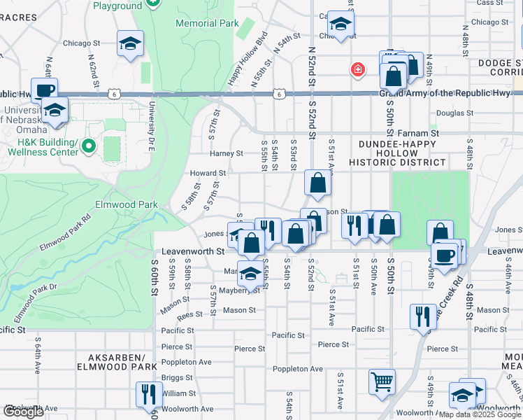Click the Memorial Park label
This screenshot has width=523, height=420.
pos(207,23)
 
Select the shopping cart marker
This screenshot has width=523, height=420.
pos(382,382)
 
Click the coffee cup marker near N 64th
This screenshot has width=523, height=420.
pos(45,90)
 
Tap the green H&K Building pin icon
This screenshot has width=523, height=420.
pos(87,146)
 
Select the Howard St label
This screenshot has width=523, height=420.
pos(208,173)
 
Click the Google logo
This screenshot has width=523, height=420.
pos(24,412)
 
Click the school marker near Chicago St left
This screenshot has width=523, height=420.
pos(130,44)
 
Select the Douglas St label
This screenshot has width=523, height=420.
pos(450,113)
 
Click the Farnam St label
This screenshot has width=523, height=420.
pos(417,132)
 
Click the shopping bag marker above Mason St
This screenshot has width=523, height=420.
pos(317,183)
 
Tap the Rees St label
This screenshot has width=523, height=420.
pos(189,315)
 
